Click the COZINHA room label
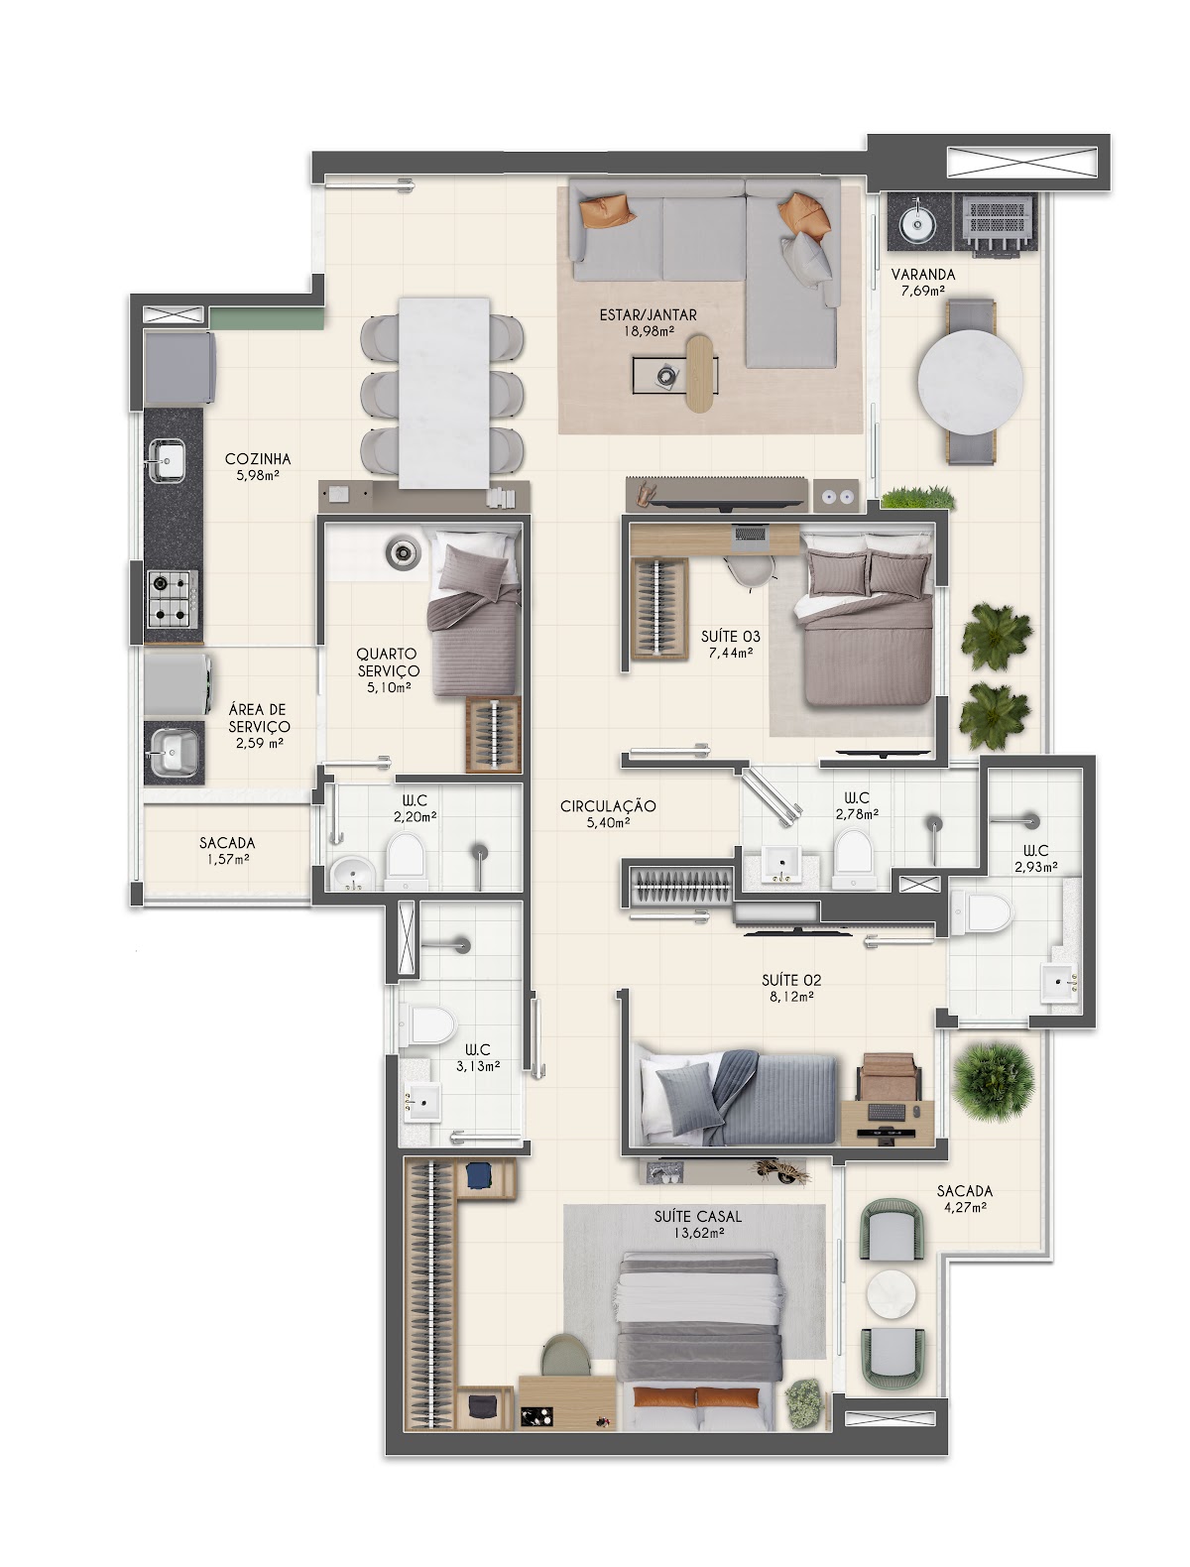tap(257, 458)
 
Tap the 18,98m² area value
tap(649, 331)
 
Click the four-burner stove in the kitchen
tap(172, 598)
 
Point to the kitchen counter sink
tap(167, 460)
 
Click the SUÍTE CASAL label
tap(697, 1216)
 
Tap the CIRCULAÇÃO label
tap(608, 806)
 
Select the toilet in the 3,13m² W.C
tap(426, 1023)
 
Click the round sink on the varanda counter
tap(916, 224)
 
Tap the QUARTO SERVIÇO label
tap(388, 662)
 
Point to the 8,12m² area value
tap(791, 997)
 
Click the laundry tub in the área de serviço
tap(174, 752)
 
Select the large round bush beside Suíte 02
tap(993, 1082)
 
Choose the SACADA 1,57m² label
tap(227, 850)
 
